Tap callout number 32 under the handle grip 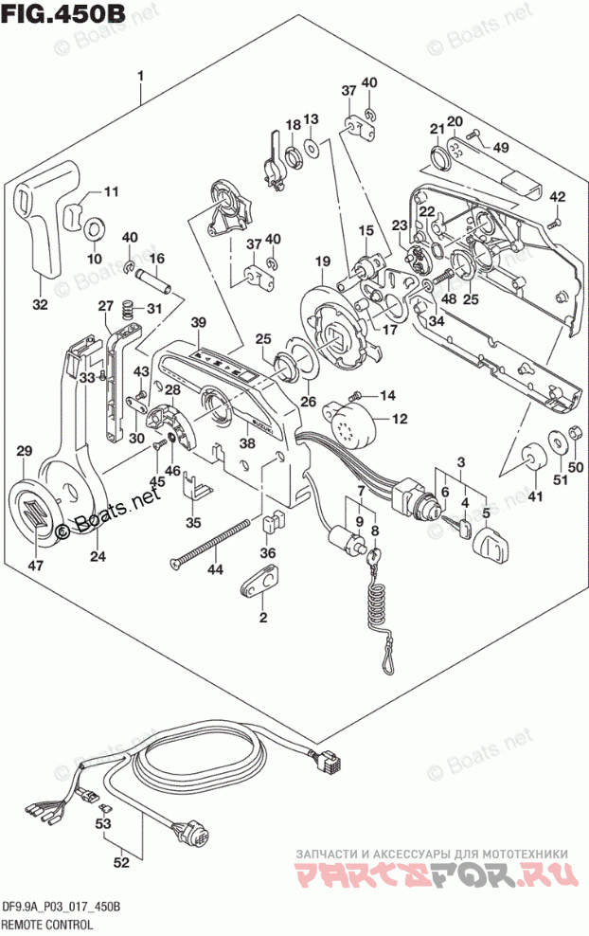pyautogui.click(x=40, y=304)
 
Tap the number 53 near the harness pyautogui.click(x=102, y=823)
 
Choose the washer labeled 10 pyautogui.click(x=95, y=229)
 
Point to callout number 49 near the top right pyautogui.click(x=500, y=146)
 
